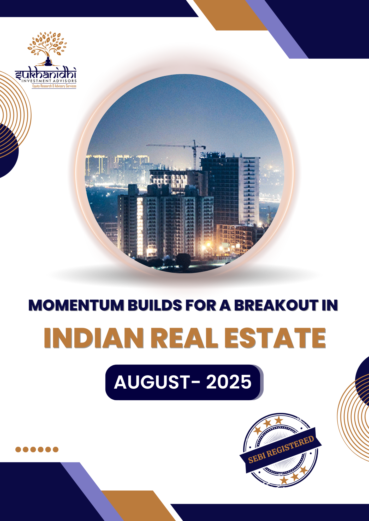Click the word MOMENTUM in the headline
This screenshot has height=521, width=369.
click(76, 305)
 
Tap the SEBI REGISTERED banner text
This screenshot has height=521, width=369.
click(281, 450)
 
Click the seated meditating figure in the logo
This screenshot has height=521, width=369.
click(48, 61)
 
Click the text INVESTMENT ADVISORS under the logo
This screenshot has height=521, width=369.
click(49, 81)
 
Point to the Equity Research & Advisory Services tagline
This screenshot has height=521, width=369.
click(54, 86)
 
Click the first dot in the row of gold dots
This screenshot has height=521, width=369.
click(18, 449)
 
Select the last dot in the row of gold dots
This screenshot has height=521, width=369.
click(56, 449)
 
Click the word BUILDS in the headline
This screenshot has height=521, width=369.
click(155, 305)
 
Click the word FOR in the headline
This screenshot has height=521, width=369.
click(200, 305)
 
